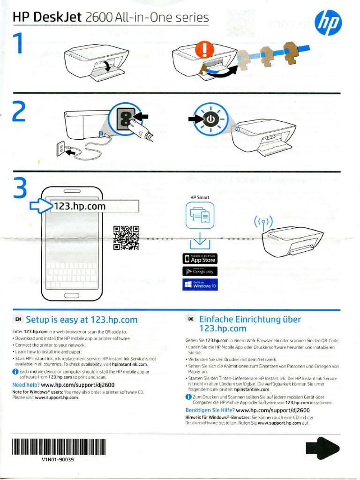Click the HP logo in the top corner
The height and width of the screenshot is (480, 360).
pos(328,23)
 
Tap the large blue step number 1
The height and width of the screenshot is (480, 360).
pos(19,45)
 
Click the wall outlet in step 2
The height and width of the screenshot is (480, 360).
pos(61,149)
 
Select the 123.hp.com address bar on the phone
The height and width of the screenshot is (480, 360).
pos(94,206)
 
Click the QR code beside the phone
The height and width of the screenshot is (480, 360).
pos(126,238)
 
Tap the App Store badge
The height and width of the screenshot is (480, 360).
pos(200,259)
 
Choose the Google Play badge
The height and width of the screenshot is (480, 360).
pos(200,271)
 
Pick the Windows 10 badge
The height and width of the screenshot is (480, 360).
pos(200,285)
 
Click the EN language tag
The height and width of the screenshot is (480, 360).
pos(18,320)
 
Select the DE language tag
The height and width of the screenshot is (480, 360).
pos(191,319)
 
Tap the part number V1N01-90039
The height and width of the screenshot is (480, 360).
pos(58,459)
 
